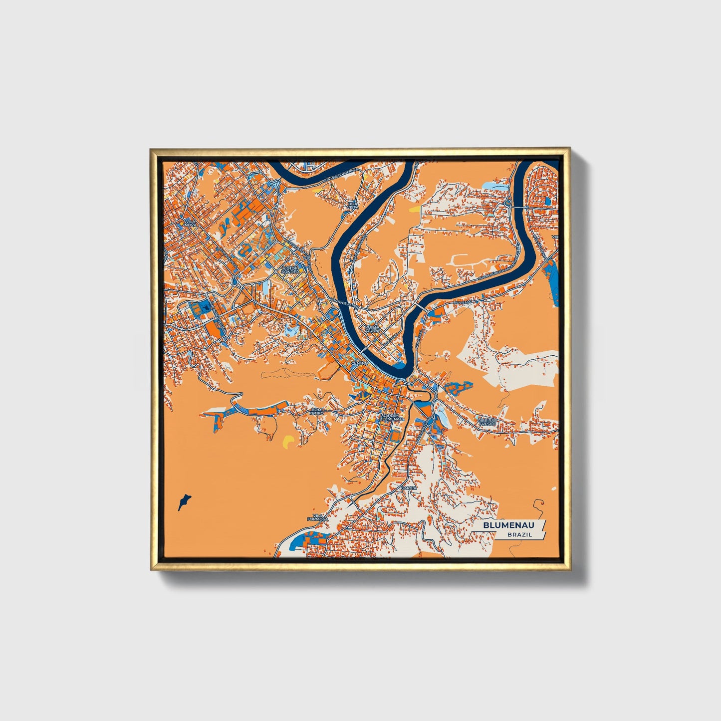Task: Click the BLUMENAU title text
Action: (508, 525)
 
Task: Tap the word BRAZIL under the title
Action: (519, 534)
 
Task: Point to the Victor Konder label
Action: (290, 270)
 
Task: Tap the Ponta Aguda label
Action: (372, 328)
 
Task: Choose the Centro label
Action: (359, 363)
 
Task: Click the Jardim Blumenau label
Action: (391, 417)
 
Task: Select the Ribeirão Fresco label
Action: (487, 422)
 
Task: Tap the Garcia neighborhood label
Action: (409, 486)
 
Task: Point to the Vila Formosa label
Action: (317, 517)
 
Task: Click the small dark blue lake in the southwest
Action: (184, 501)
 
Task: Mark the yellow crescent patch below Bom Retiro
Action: (288, 441)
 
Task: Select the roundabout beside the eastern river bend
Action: (507, 204)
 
